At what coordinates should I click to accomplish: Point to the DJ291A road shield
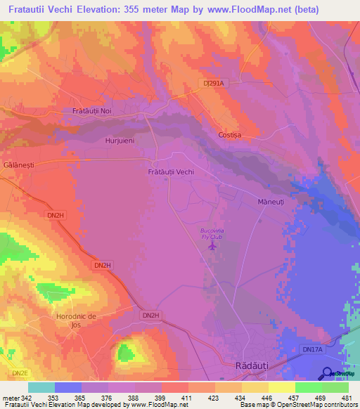point(213,83)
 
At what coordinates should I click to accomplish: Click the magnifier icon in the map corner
point(328,372)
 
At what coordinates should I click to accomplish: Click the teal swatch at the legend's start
point(41,387)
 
